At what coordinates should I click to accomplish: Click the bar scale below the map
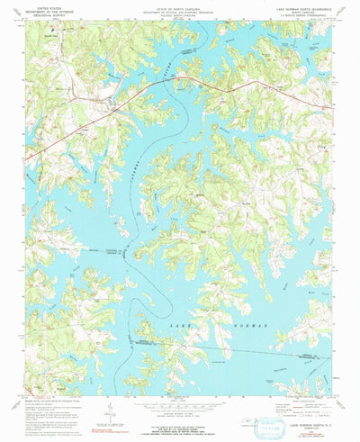click(179, 402)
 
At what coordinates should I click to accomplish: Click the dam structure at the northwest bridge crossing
click(112, 104)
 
